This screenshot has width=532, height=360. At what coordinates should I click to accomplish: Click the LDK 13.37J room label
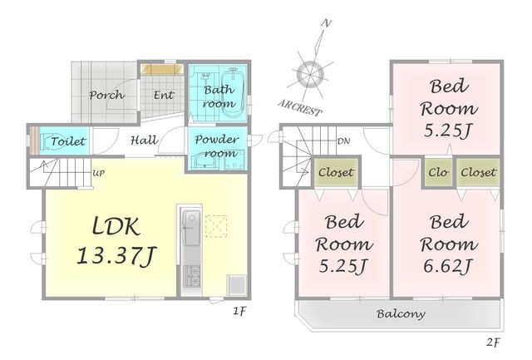(116, 241)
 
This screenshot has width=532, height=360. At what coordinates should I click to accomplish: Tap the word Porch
(107, 95)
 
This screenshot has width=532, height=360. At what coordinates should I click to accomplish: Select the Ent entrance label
(164, 95)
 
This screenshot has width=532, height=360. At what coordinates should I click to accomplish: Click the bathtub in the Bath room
(234, 91)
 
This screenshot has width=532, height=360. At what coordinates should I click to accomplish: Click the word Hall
(145, 140)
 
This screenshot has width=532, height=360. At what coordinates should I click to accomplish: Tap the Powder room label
(217, 145)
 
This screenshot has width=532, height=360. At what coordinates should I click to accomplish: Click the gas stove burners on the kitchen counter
(192, 274)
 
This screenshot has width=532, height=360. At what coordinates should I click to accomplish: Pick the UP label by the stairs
(98, 174)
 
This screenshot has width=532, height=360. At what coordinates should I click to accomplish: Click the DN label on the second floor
(343, 141)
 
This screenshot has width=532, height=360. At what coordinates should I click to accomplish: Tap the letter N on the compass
(327, 23)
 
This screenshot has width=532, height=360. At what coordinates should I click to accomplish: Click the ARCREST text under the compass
(300, 108)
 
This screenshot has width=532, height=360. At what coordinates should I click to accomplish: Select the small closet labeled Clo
(438, 172)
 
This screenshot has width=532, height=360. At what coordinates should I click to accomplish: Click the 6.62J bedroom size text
(448, 266)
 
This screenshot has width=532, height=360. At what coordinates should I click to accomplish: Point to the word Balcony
(401, 313)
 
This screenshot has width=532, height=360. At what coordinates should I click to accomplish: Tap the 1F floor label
(239, 311)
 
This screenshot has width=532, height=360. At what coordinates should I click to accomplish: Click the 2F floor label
(493, 342)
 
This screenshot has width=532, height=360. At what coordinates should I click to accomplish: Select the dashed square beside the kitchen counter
(216, 225)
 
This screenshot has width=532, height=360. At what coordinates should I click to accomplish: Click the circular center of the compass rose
(310, 75)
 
